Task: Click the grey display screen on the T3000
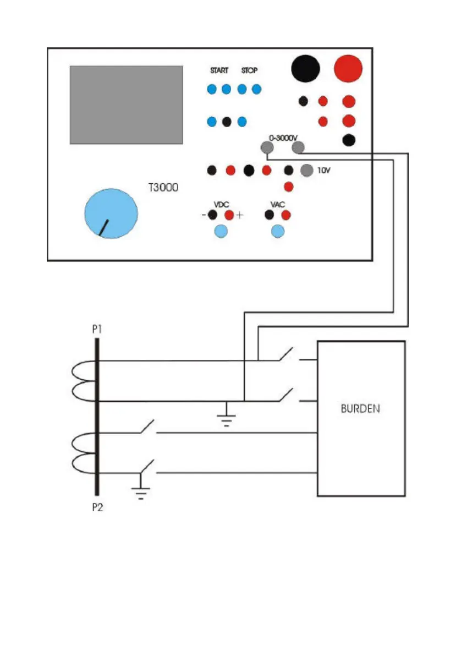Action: coord(126,105)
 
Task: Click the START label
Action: coord(219,71)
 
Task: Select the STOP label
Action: coord(249,71)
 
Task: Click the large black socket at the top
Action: coord(305,68)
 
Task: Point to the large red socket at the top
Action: coord(348,68)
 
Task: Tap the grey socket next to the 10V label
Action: coord(307,171)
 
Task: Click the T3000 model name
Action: coord(163,187)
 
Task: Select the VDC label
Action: coord(221,204)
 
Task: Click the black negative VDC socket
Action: coord(212,215)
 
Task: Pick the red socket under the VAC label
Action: coord(286,215)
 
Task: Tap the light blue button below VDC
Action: coord(221,232)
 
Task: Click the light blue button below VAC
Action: coord(278,232)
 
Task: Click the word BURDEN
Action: coord(360,409)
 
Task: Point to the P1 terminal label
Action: coord(97,330)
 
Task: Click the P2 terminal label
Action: coord(97,507)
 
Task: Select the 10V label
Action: coord(325,171)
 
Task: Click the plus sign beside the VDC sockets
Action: coord(239,216)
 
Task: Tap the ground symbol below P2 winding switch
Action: coord(141,494)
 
